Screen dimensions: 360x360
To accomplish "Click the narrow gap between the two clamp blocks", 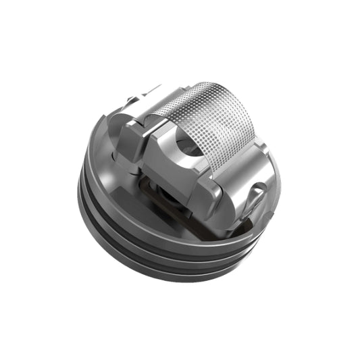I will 145,145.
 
